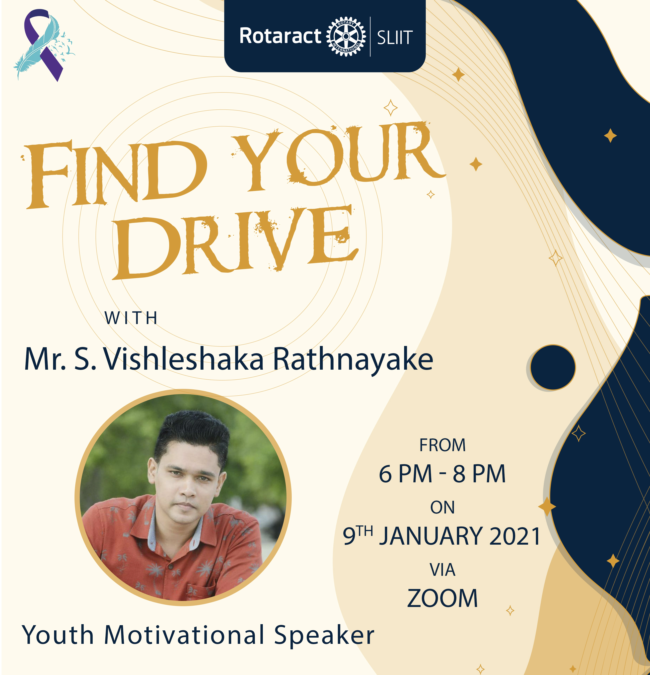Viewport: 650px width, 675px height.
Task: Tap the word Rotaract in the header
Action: [280, 36]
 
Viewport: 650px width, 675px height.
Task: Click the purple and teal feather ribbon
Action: [43, 45]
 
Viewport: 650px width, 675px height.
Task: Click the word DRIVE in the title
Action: [236, 241]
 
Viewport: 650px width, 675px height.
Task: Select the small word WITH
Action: [131, 318]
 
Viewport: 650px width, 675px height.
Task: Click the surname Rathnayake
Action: [353, 359]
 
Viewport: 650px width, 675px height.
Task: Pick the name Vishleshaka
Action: [184, 359]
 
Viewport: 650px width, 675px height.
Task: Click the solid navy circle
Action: [553, 367]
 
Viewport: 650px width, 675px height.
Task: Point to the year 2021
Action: [515, 536]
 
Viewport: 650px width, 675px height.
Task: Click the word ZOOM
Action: [442, 598]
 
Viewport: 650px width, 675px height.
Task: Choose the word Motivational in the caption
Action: [184, 635]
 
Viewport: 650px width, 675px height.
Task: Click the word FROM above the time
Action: [442, 445]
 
